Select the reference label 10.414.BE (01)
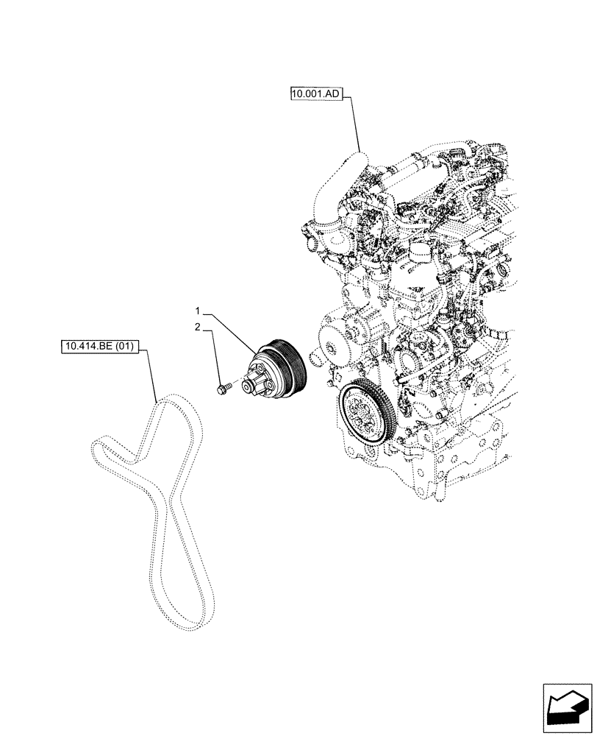(x=100, y=347)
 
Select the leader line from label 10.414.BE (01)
(x=153, y=375)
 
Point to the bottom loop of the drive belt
(x=187, y=618)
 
